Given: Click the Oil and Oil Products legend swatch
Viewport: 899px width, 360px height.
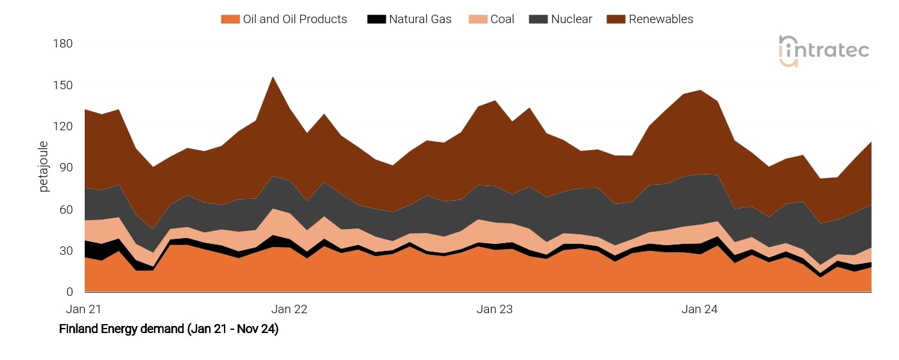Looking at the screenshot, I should tap(230, 19).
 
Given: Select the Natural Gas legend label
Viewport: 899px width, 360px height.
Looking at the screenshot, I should tap(420, 19).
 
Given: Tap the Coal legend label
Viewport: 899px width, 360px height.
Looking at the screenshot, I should tap(502, 19).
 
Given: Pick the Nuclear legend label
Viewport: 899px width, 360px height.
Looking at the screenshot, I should tap(571, 19).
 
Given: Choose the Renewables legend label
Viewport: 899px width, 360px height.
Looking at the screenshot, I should tap(661, 19).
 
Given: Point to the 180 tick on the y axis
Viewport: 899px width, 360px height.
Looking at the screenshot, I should tap(64, 44).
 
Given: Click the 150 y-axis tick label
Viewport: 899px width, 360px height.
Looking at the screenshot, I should tap(64, 85).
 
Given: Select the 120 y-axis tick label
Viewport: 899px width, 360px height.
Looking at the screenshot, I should tap(64, 126).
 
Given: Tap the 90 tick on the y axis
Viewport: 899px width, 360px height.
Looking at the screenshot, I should tap(66, 168).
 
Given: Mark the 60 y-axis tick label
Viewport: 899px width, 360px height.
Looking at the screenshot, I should tap(66, 210).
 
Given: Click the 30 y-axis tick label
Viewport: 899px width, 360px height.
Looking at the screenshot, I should tap(66, 251).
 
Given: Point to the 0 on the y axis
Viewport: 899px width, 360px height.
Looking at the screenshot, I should tap(69, 293).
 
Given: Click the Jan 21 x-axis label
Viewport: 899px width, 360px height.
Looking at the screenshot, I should tap(83, 309).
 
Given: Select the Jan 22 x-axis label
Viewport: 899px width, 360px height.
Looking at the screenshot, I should tap(289, 309).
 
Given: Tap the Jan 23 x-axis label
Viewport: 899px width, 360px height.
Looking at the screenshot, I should tap(495, 309).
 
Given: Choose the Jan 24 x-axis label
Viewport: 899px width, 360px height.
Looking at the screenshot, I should tap(699, 309).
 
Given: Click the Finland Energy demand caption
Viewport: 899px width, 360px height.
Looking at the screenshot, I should tap(168, 329).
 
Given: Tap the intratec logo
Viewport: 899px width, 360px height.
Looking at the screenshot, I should tap(823, 51).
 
